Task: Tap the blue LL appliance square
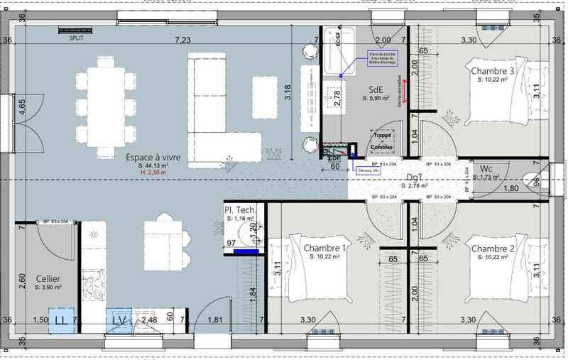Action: pos(61,320)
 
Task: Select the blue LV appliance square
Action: pos(119,320)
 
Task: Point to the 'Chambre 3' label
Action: pos(492,71)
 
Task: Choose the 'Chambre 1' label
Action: pos(324,248)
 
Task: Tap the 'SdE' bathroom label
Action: pos(376,89)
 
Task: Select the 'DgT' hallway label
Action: pos(415,178)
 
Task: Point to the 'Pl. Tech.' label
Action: pos(240,210)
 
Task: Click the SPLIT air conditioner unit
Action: pos(76,31)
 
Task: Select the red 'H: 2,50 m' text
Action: pos(153,173)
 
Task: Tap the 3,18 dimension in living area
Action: pos(287,93)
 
